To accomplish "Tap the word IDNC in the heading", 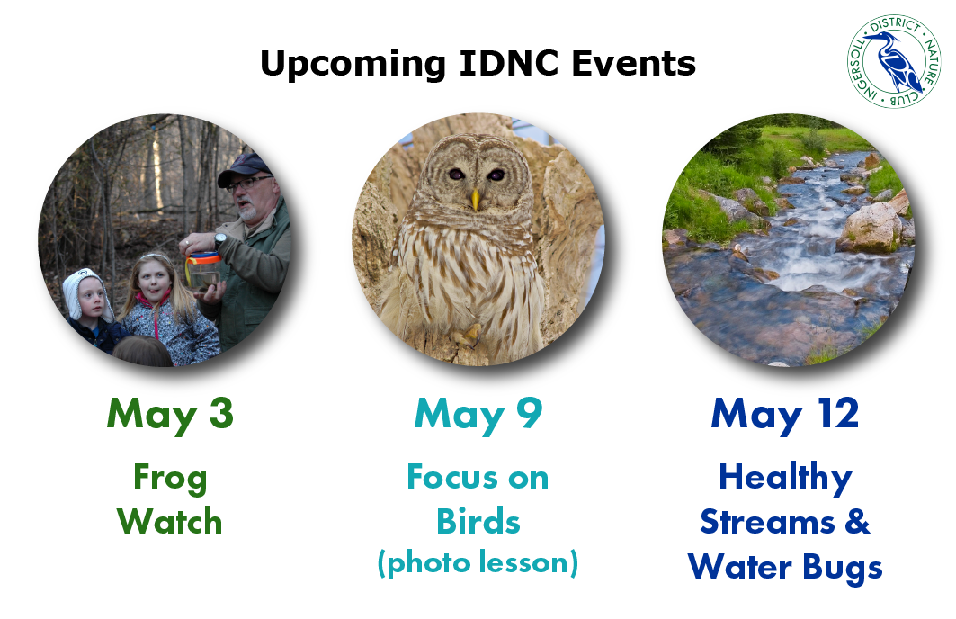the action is click(x=508, y=63).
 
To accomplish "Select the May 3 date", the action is click(x=170, y=414).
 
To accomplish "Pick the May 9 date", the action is click(x=478, y=414).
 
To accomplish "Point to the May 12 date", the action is click(x=785, y=414).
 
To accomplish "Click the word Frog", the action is click(x=170, y=478).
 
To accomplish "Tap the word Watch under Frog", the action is click(x=169, y=522).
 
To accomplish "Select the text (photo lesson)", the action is click(x=478, y=563).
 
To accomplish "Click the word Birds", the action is click(x=478, y=522).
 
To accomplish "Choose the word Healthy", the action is click(x=785, y=478).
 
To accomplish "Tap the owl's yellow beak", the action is click(x=476, y=199).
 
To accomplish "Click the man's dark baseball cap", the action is click(x=244, y=169).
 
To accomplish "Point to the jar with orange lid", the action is click(x=203, y=270).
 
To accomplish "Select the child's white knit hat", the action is click(x=88, y=292).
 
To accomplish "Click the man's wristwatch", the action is click(x=219, y=241).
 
